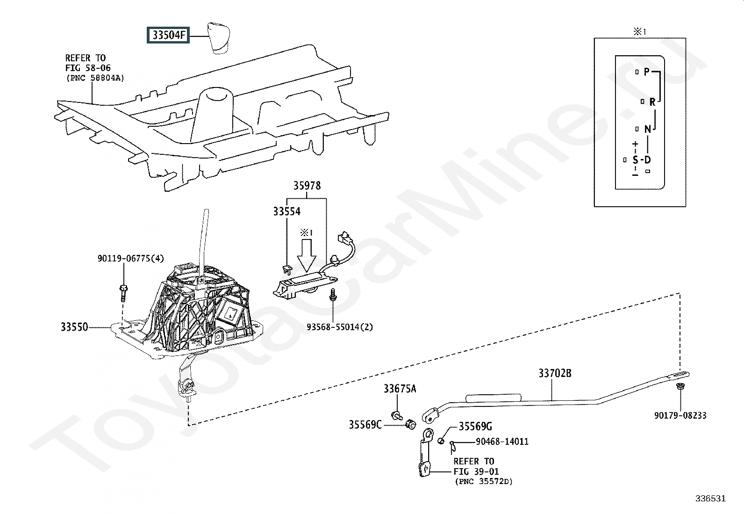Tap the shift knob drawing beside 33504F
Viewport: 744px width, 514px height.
pyautogui.click(x=217, y=37)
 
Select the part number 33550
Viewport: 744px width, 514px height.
pyautogui.click(x=74, y=327)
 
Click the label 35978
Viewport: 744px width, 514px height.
pyautogui.click(x=307, y=186)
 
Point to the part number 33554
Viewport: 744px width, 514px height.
pyautogui.click(x=287, y=212)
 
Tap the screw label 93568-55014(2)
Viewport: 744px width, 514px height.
pyautogui.click(x=340, y=327)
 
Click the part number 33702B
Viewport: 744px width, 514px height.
pyautogui.click(x=555, y=373)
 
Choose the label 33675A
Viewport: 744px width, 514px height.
pyautogui.click(x=400, y=389)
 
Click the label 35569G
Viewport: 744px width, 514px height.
pyautogui.click(x=475, y=427)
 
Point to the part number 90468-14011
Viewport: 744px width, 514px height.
pyautogui.click(x=502, y=442)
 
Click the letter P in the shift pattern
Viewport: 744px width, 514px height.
pyautogui.click(x=647, y=72)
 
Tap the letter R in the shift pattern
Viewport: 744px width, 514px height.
pyautogui.click(x=652, y=101)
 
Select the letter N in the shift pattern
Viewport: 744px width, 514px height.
pyautogui.click(x=647, y=129)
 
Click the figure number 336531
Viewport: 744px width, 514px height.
pyautogui.click(x=710, y=499)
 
